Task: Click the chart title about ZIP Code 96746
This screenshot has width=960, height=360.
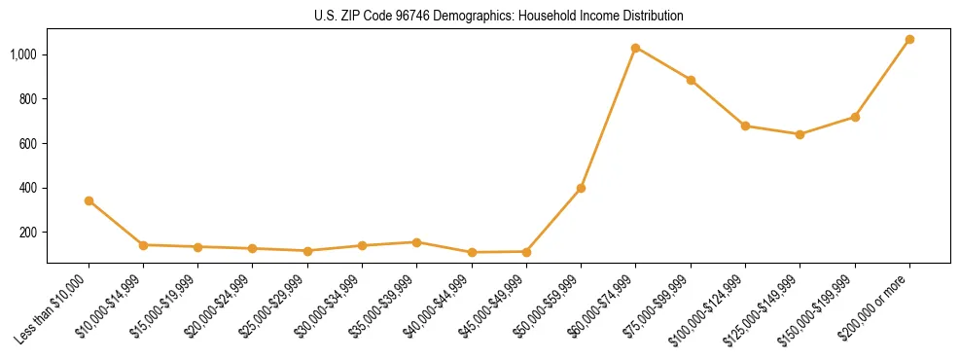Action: [x=498, y=17]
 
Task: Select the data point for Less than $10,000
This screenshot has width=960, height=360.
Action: [x=89, y=200]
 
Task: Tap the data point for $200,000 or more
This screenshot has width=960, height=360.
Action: [x=909, y=40]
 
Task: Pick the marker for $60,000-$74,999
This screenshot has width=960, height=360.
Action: [x=635, y=48]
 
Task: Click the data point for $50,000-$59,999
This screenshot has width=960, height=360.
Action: [x=581, y=188]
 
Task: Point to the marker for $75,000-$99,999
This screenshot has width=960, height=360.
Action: [x=691, y=80]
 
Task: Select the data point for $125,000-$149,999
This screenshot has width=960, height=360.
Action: [x=800, y=134]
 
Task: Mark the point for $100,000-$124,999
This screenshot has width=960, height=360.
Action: [x=745, y=126]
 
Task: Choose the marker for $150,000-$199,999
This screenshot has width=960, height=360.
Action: [x=855, y=117]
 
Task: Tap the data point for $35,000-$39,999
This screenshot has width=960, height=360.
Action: [x=416, y=242]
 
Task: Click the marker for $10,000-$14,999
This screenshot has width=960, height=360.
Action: [x=143, y=245]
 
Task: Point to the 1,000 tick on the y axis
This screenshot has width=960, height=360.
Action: [x=25, y=54]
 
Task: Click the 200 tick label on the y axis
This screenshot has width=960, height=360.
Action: [x=30, y=233]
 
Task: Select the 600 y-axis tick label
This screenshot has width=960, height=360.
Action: [x=30, y=144]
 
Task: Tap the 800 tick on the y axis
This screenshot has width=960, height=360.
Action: [x=30, y=99]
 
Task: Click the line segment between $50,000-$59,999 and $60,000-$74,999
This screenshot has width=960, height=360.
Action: [x=608, y=118]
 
